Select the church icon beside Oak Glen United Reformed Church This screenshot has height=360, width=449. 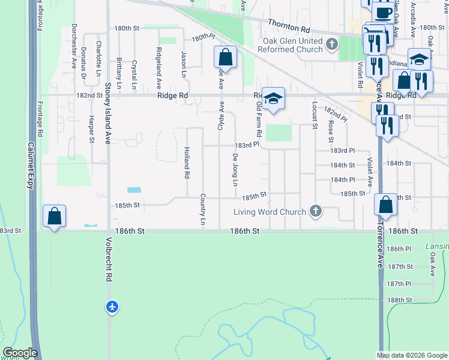click(331, 44)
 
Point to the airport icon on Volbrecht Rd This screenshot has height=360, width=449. click(112, 307)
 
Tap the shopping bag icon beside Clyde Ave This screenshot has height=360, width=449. click(225, 58)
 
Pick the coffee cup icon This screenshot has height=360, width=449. click(383, 13)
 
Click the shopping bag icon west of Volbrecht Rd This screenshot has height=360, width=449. click(54, 216)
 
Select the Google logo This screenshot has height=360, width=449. click(20, 353)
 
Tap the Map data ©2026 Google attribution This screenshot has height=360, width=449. click(412, 355)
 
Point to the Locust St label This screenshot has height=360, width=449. click(314, 115)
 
